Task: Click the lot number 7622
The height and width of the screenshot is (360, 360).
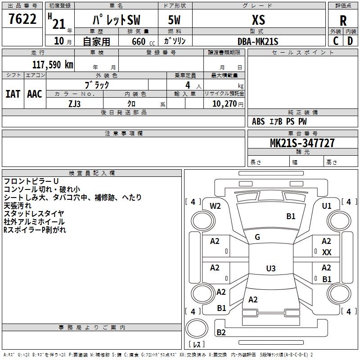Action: tap(22, 19)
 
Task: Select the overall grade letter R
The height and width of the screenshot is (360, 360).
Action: tap(343, 21)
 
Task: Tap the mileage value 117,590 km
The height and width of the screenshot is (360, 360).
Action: tap(53, 65)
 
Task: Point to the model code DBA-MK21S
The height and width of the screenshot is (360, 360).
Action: tap(258, 41)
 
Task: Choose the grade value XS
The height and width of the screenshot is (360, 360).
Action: tap(258, 20)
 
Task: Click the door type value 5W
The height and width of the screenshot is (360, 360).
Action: tap(174, 20)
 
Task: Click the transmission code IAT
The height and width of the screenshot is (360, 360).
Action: tap(13, 94)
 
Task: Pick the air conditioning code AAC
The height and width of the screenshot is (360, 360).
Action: tap(35, 94)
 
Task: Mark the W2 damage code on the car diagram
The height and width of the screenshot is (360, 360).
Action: tap(216, 206)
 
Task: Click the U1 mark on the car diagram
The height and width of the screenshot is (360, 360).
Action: tap(327, 206)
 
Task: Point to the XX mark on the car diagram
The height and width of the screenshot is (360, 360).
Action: tap(327, 252)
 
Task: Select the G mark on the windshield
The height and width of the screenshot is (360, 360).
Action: tap(257, 237)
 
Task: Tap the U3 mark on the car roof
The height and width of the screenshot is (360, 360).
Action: tap(270, 269)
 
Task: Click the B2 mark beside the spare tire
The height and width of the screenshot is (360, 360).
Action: tap(221, 333)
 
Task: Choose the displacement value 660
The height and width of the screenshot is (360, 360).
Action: tap(139, 41)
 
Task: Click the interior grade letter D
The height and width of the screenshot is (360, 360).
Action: tap(350, 41)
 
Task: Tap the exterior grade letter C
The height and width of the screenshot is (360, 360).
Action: tap(336, 41)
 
